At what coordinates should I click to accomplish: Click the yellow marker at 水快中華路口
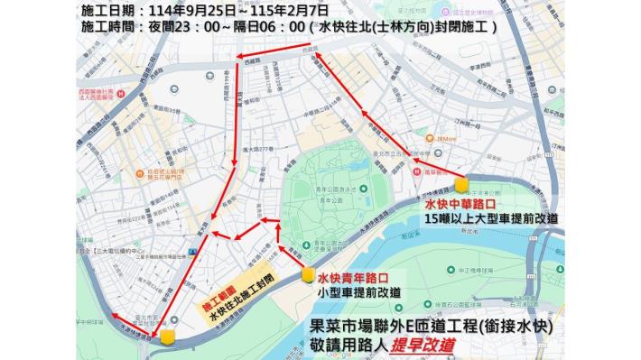[462, 185]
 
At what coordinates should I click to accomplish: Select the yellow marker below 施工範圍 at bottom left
[168, 337]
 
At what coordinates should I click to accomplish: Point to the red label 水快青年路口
[352, 279]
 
